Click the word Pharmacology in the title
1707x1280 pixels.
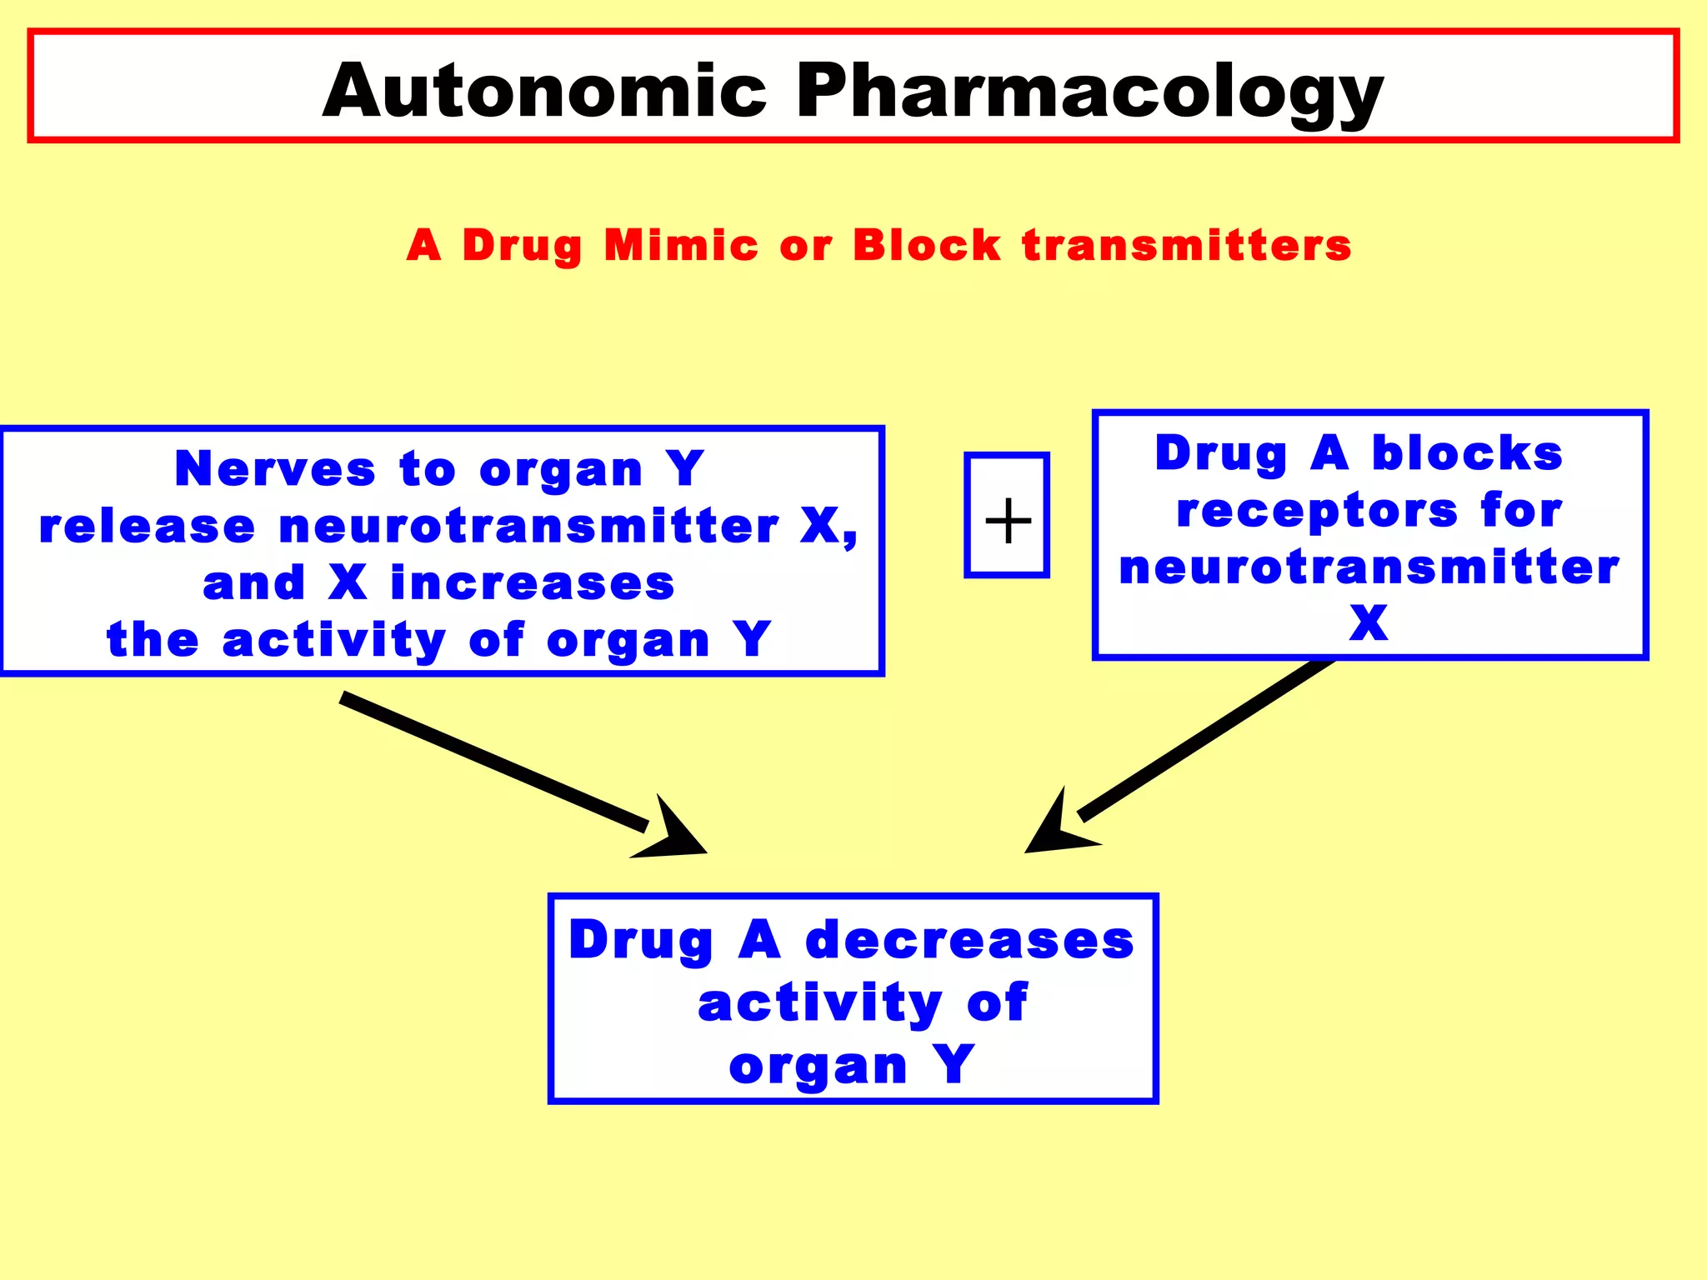1089,92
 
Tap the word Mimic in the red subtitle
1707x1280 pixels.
680,246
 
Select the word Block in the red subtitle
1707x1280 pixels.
926,246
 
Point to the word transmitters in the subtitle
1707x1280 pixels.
1186,246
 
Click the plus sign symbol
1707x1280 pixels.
1008,520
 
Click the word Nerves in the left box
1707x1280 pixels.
275,468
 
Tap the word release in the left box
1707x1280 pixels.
147,527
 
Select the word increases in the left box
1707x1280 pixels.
532,583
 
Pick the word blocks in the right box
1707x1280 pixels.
1467,454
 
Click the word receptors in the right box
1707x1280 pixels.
1317,512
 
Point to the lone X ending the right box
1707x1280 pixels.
1369,623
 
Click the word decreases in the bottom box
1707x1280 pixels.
969,940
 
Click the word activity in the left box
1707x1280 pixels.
333,641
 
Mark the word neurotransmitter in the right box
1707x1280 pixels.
1369,567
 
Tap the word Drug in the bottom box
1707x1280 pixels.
640,940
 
